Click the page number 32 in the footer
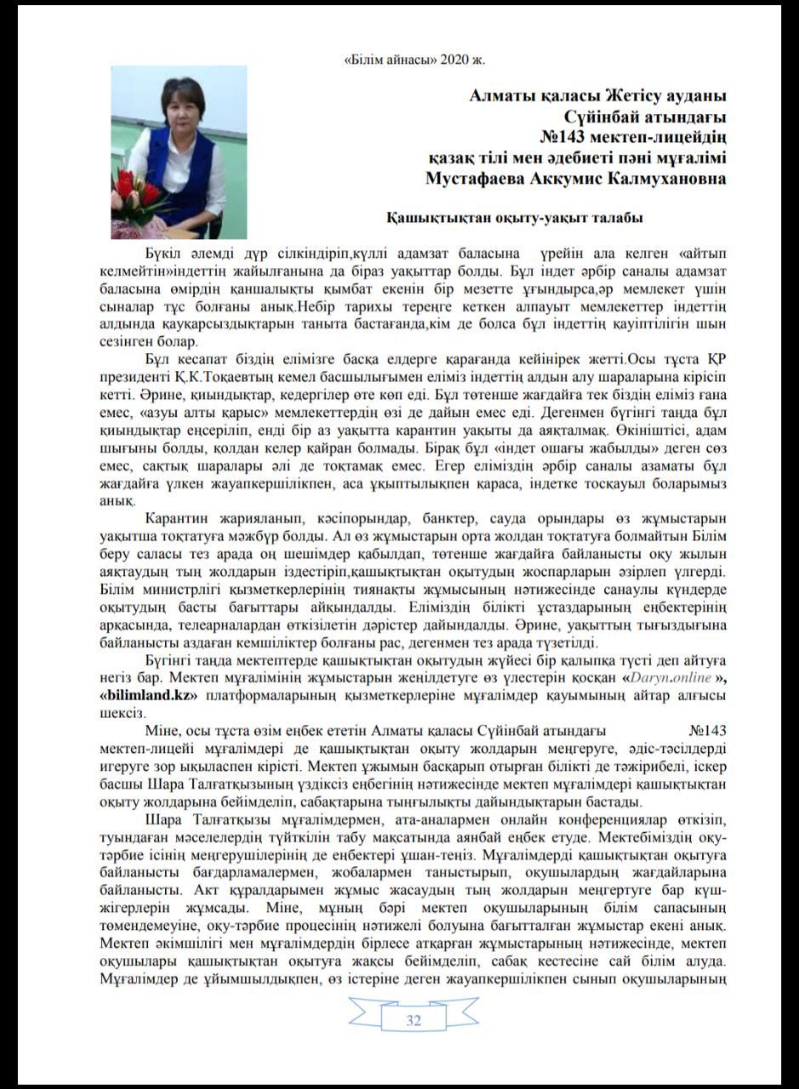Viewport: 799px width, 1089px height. point(414,1021)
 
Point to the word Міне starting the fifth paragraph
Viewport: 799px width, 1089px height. point(162,729)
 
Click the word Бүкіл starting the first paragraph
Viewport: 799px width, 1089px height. point(164,253)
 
